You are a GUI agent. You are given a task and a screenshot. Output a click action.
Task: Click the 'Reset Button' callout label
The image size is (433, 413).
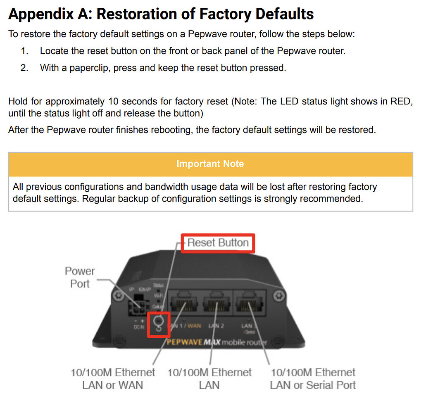(218, 243)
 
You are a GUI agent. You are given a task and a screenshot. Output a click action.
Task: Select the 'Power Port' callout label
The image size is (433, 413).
(80, 277)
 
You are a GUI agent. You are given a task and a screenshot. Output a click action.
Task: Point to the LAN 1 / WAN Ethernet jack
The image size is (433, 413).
(184, 305)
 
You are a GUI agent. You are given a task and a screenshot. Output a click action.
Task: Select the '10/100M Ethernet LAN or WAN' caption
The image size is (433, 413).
(113, 379)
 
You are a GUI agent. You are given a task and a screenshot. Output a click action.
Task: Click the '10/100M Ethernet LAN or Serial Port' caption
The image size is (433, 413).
(313, 379)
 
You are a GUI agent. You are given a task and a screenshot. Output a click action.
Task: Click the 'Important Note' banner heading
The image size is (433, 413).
(210, 164)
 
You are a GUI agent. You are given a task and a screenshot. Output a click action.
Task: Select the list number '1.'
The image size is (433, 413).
(25, 51)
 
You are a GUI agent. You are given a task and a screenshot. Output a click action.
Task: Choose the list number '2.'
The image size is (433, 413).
(25, 68)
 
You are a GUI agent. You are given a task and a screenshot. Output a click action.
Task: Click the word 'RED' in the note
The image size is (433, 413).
(402, 101)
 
